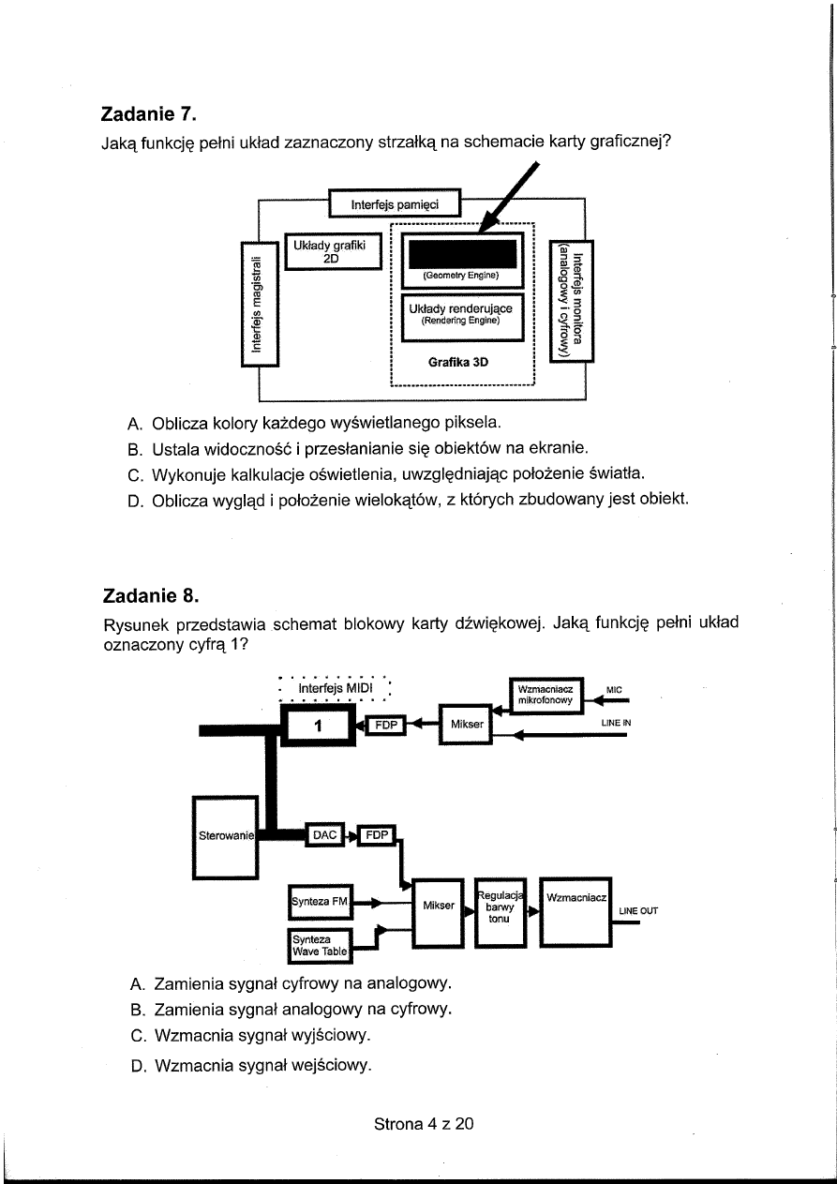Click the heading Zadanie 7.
coord(149,115)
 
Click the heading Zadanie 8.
coord(149,594)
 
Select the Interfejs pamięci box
coord(394,203)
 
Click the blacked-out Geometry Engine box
coord(459,254)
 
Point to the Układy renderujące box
coord(459,313)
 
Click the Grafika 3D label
coord(458,361)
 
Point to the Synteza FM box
coord(320,901)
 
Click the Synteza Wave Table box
coord(319,946)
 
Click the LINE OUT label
coord(637,910)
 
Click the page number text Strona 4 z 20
coord(424,1123)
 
